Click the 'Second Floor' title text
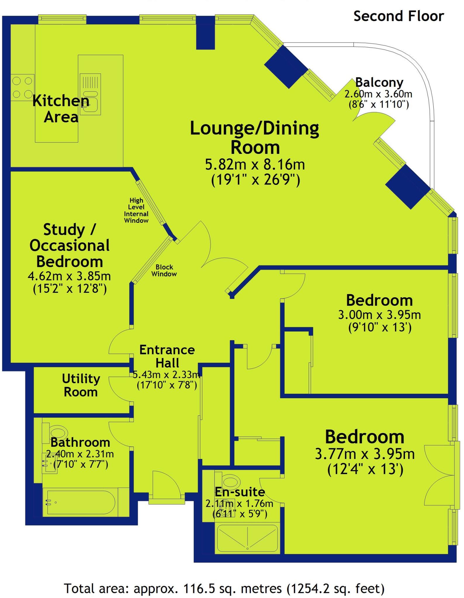[x=399, y=16]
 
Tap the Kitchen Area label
[x=61, y=109]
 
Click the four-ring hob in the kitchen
[x=22, y=87]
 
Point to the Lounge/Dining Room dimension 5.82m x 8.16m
[x=255, y=165]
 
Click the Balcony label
[x=379, y=83]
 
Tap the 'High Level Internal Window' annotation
[x=136, y=210]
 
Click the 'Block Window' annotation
[x=164, y=270]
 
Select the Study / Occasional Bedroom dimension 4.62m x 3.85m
[x=69, y=276]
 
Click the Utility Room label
[x=81, y=385]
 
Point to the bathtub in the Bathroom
[x=80, y=502]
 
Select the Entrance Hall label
[x=167, y=356]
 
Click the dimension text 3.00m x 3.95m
[x=379, y=315]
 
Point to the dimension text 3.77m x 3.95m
[x=365, y=454]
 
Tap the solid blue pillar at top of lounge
[x=205, y=33]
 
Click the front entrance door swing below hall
[x=167, y=485]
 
